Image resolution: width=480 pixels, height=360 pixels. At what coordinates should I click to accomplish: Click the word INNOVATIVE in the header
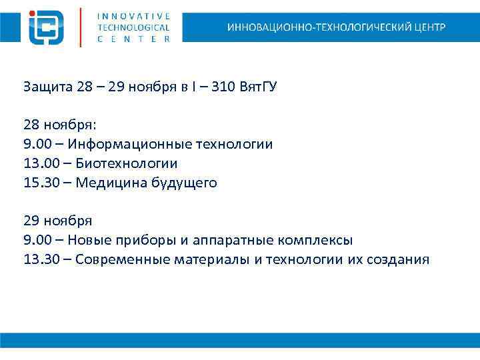click(133, 15)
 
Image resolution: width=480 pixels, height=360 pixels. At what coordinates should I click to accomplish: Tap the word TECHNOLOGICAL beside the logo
click(133, 27)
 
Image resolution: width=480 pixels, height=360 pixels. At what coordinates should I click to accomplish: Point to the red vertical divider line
click(81, 27)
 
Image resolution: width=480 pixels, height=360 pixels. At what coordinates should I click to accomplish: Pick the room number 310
click(222, 87)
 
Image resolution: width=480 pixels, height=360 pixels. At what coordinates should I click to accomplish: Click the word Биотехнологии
click(126, 163)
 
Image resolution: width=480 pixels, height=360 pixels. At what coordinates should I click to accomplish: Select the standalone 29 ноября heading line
click(57, 221)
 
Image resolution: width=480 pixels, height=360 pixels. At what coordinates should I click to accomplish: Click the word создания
click(398, 259)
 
